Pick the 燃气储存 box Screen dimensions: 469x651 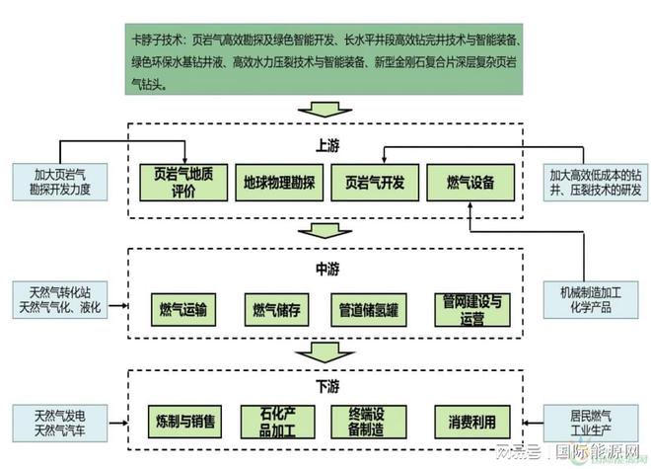click(x=275, y=309)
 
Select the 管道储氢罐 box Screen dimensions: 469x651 click(x=366, y=309)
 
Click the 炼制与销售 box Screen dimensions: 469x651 click(x=182, y=421)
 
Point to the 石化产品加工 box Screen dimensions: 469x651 click(x=277, y=421)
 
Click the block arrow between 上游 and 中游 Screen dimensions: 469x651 click(x=325, y=230)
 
